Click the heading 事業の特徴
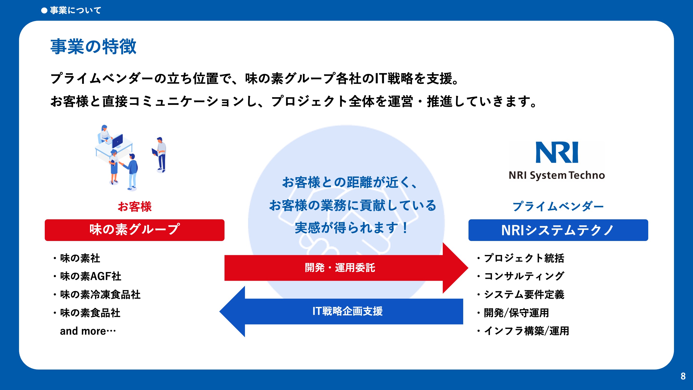(x=93, y=46)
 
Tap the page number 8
(x=683, y=376)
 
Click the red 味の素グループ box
(x=135, y=230)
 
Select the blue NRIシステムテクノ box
(x=558, y=230)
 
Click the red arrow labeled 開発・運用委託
(x=346, y=268)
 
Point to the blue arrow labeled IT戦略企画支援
(x=341, y=312)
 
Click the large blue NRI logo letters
(x=557, y=152)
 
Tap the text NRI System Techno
(x=557, y=175)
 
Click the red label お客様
(x=135, y=207)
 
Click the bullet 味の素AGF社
(x=87, y=276)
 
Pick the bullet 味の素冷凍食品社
(x=96, y=294)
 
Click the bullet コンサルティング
(x=520, y=276)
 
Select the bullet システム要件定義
(x=520, y=294)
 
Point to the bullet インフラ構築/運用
(x=523, y=331)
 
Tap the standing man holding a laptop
(x=160, y=155)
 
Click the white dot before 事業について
(x=44, y=11)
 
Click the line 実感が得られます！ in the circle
(x=351, y=228)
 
